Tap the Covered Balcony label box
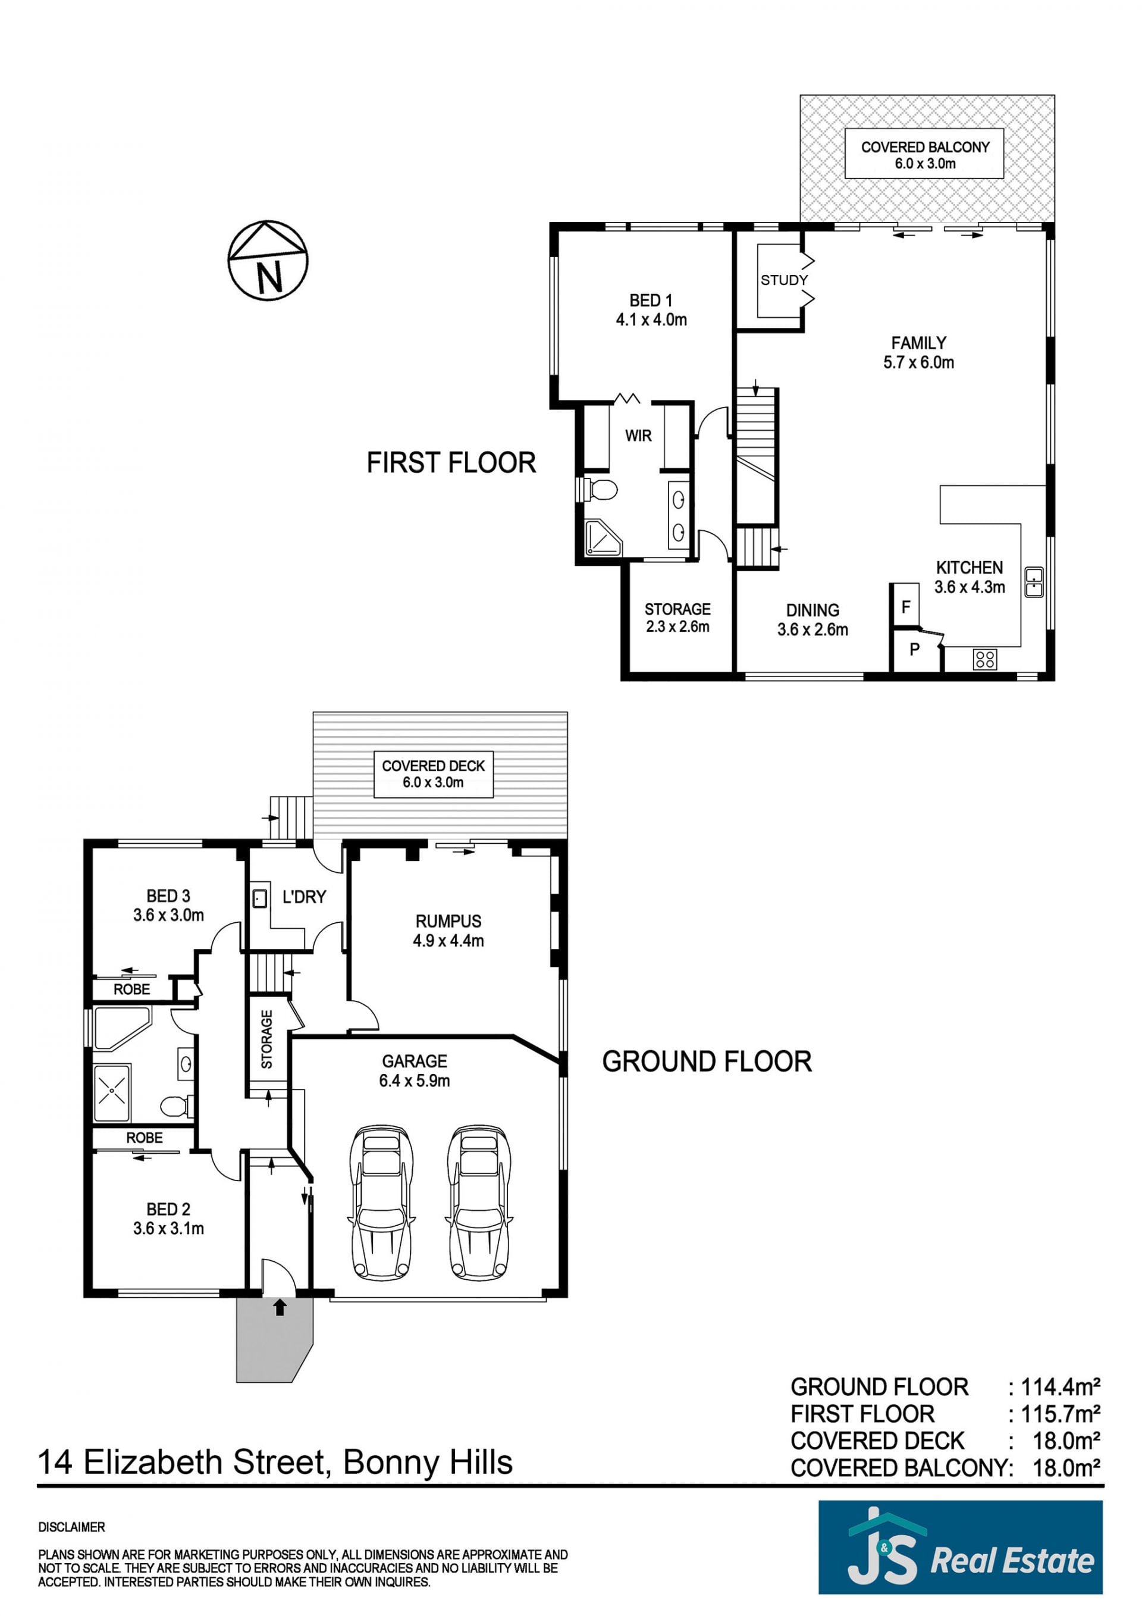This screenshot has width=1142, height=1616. pyautogui.click(x=924, y=154)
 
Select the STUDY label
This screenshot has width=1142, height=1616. pyautogui.click(x=784, y=280)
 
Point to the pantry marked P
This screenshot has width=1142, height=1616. pyautogui.click(x=915, y=650)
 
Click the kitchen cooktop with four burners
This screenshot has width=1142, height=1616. pyautogui.click(x=985, y=659)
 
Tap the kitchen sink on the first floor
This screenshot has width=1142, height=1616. pyautogui.click(x=1034, y=581)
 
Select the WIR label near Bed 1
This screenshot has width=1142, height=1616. pyautogui.click(x=638, y=436)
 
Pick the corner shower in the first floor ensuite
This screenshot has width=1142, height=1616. pyautogui.click(x=603, y=538)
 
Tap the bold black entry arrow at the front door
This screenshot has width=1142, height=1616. pyautogui.click(x=280, y=1307)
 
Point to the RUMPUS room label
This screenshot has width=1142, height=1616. pyautogui.click(x=448, y=920)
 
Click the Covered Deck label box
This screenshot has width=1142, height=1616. pyautogui.click(x=433, y=774)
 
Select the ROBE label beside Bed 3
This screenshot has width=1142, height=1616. pyautogui.click(x=131, y=989)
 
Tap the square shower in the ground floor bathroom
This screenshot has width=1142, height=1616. pyautogui.click(x=112, y=1093)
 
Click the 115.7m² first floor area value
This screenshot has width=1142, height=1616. pyautogui.click(x=1061, y=1413)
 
